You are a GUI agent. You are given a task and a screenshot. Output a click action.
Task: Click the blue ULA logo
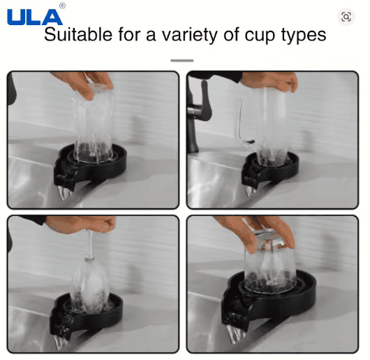coord(34,15)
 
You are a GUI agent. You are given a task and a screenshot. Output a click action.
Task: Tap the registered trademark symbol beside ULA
coord(62,6)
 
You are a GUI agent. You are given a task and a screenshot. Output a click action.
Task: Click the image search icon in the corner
coord(346,17)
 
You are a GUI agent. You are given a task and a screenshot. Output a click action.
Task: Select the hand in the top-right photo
coord(276,81)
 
